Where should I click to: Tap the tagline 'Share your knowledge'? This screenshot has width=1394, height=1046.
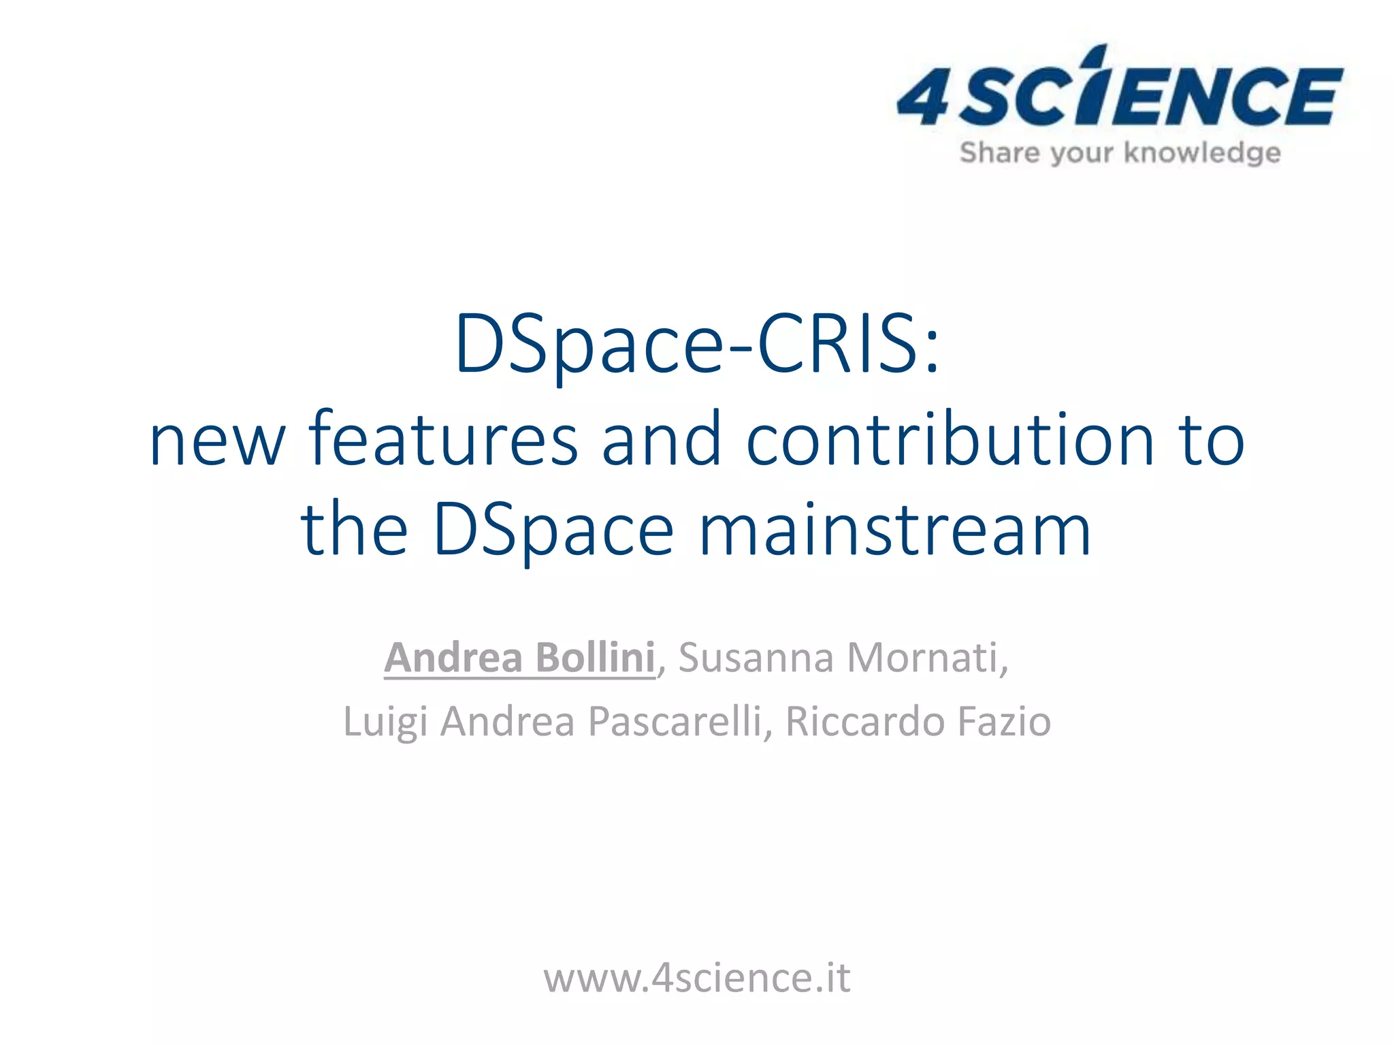tap(1120, 153)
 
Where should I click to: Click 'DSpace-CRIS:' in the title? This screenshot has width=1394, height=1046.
tap(697, 344)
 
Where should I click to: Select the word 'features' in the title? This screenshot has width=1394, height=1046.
tap(443, 441)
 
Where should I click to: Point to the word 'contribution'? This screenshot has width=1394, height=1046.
tap(950, 441)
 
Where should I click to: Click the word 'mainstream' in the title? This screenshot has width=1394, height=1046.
tap(895, 530)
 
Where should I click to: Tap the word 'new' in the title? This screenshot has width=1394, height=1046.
tap(217, 443)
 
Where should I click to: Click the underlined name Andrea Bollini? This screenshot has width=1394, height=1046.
tap(519, 658)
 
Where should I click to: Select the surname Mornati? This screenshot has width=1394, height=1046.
tap(926, 658)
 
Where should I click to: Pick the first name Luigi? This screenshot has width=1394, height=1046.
tap(385, 722)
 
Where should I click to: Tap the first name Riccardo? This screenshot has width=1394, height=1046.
tap(864, 722)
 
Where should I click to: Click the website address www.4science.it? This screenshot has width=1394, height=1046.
tap(696, 979)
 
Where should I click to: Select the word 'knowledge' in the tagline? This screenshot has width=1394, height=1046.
tap(1201, 153)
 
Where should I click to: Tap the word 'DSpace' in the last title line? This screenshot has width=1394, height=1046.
tap(553, 530)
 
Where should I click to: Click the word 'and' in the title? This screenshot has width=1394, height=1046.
tap(661, 441)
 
